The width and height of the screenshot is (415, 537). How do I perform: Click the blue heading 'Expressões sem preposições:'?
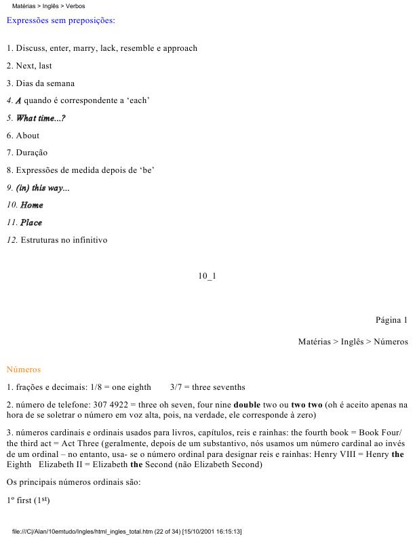coord(60,20)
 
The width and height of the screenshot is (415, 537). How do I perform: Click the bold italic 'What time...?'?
coord(41,118)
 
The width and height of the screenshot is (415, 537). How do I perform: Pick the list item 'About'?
coord(28,136)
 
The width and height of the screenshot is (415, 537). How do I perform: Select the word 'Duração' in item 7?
coord(32,153)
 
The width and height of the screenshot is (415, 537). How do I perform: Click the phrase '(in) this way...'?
coord(43,188)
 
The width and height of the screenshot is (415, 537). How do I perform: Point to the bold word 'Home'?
coord(32,205)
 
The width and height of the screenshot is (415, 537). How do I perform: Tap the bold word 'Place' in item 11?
coord(31,222)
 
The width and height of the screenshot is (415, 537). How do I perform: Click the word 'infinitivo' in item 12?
coord(88,240)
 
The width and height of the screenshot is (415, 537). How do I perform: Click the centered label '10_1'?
coord(207,276)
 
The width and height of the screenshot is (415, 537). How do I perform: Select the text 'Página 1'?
coord(391,320)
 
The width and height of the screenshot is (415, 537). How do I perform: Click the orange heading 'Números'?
coord(24,370)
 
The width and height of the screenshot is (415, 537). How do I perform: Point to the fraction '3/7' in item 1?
coord(177,387)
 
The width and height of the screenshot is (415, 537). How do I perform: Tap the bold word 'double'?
coord(247,405)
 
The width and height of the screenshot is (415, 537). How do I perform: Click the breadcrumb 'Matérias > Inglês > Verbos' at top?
coord(48,5)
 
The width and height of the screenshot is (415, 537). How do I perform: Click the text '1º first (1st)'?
coord(28,500)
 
